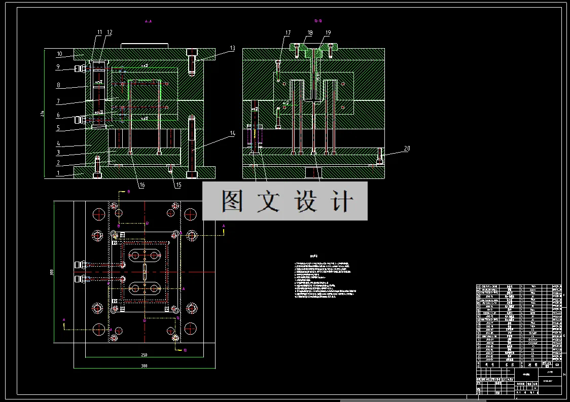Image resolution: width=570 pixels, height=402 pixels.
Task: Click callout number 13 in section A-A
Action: pyautogui.click(x=232, y=49)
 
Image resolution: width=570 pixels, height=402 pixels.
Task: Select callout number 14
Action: pyautogui.click(x=232, y=133)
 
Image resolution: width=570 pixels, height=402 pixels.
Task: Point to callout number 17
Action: pyautogui.click(x=288, y=33)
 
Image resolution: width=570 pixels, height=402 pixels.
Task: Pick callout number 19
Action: pyautogui.click(x=328, y=33)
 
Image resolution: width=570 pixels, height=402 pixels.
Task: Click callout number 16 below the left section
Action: pyautogui.click(x=142, y=186)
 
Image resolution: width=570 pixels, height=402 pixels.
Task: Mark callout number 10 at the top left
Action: pyautogui.click(x=59, y=54)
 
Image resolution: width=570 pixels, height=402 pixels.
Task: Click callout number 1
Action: pyautogui.click(x=59, y=173)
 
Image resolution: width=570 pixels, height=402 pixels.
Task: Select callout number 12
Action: pyautogui.click(x=110, y=32)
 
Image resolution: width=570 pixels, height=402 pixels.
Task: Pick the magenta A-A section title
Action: pyautogui.click(x=149, y=22)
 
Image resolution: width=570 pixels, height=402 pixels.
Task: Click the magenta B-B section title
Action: pyautogui.click(x=318, y=21)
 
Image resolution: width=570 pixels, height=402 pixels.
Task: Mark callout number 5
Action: pyautogui.click(x=59, y=128)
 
